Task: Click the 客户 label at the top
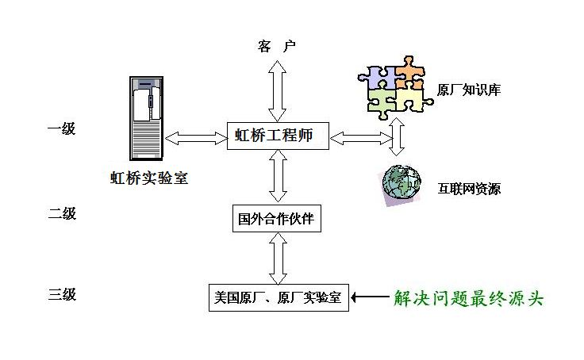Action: (276, 46)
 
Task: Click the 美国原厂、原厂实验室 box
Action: (278, 298)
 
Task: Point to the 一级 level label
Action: (62, 128)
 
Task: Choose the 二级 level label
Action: (62, 213)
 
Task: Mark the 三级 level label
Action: (62, 295)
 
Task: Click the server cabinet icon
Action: (147, 117)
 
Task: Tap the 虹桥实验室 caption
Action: (149, 178)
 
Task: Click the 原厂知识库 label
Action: (468, 90)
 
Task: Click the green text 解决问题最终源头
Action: (468, 298)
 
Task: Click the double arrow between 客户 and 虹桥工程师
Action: (277, 89)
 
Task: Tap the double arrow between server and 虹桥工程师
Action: (197, 137)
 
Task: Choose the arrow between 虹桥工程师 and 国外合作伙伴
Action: (277, 176)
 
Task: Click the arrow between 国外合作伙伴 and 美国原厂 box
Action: (277, 258)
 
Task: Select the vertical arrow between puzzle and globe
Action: (399, 136)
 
